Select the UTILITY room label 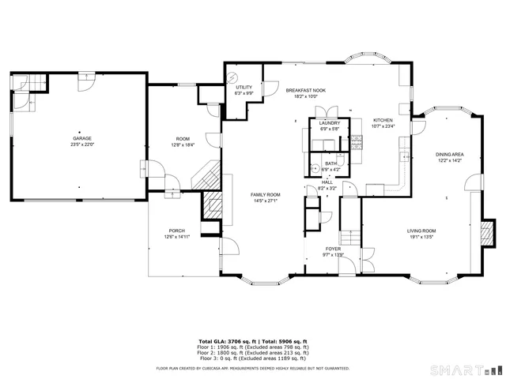pos(244,87)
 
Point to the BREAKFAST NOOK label pos(306,91)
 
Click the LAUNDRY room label pos(330,123)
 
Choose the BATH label pos(330,163)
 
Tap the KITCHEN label pos(383,120)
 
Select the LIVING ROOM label pos(421,231)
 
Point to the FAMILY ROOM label pos(266,194)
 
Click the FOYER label pos(334,249)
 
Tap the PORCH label pos(176,231)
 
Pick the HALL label pos(327,182)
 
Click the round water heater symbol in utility pos(232,77)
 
